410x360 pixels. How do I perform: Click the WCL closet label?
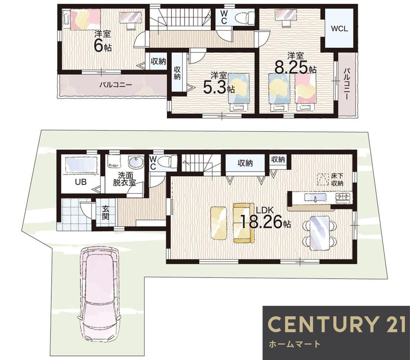[x=339, y=29]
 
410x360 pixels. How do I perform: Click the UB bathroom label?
[x=81, y=182]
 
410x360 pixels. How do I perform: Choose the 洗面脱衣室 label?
[x=125, y=179]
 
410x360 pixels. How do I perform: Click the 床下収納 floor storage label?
[x=337, y=179]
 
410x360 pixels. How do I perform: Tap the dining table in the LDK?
[x=319, y=233]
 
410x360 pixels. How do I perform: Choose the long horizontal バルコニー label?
[x=115, y=85]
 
